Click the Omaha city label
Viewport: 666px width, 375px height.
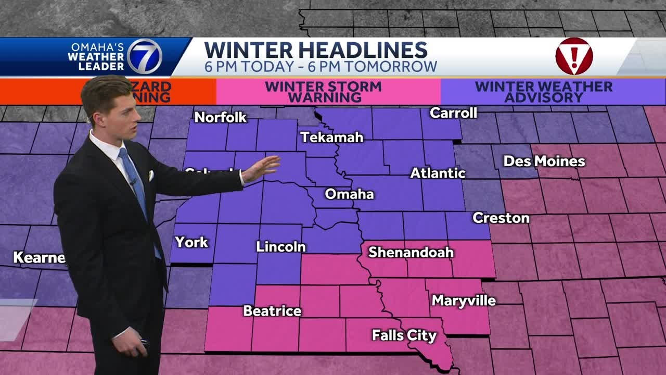point(349,194)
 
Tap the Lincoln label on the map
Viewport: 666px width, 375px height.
point(280,246)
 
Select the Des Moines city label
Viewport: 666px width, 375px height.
point(544,161)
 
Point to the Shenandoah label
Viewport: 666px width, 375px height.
point(411,253)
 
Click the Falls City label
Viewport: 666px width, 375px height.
point(404,335)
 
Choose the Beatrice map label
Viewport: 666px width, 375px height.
point(272,311)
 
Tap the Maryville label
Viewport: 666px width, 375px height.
point(464,301)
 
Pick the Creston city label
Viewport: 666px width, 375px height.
point(501,218)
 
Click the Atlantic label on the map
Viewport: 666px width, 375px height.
point(438,173)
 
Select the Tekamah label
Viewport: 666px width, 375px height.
point(331,137)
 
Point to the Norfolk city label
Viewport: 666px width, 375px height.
point(220,118)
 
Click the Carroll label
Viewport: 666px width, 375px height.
point(453,113)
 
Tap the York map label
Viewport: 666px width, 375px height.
point(191,242)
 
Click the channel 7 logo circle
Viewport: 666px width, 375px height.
point(145,56)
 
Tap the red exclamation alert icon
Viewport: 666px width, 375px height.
point(574,56)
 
